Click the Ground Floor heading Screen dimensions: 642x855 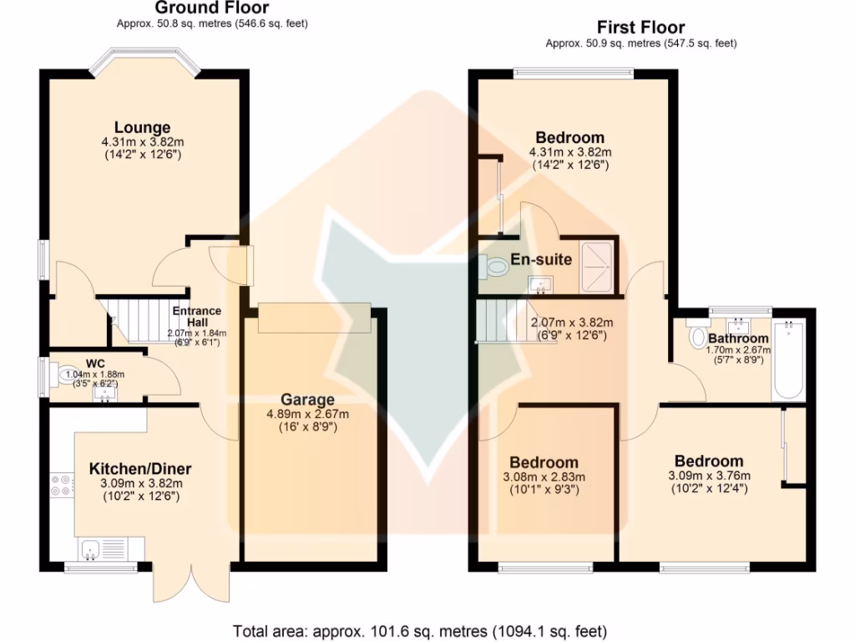point(212,8)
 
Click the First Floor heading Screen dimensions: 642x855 point(640,28)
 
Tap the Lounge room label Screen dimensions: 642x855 point(142,127)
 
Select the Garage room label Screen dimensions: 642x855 point(307,400)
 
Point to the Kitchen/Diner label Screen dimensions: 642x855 point(140,468)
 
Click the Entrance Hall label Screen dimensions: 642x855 point(197,316)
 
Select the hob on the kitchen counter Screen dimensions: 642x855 point(62,486)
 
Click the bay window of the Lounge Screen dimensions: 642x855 point(141,60)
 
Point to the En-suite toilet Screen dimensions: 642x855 point(495,267)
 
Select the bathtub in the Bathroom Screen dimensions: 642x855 point(788,360)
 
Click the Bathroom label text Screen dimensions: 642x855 point(738,338)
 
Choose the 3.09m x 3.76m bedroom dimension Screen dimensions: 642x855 point(709,476)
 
